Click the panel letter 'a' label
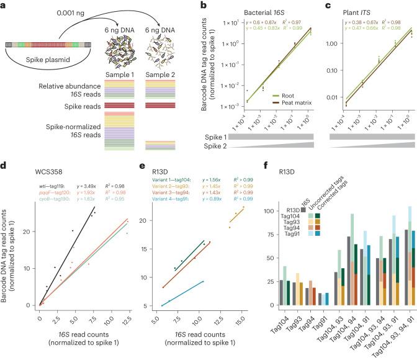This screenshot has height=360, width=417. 4,5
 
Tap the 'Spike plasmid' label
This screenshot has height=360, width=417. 51,66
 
